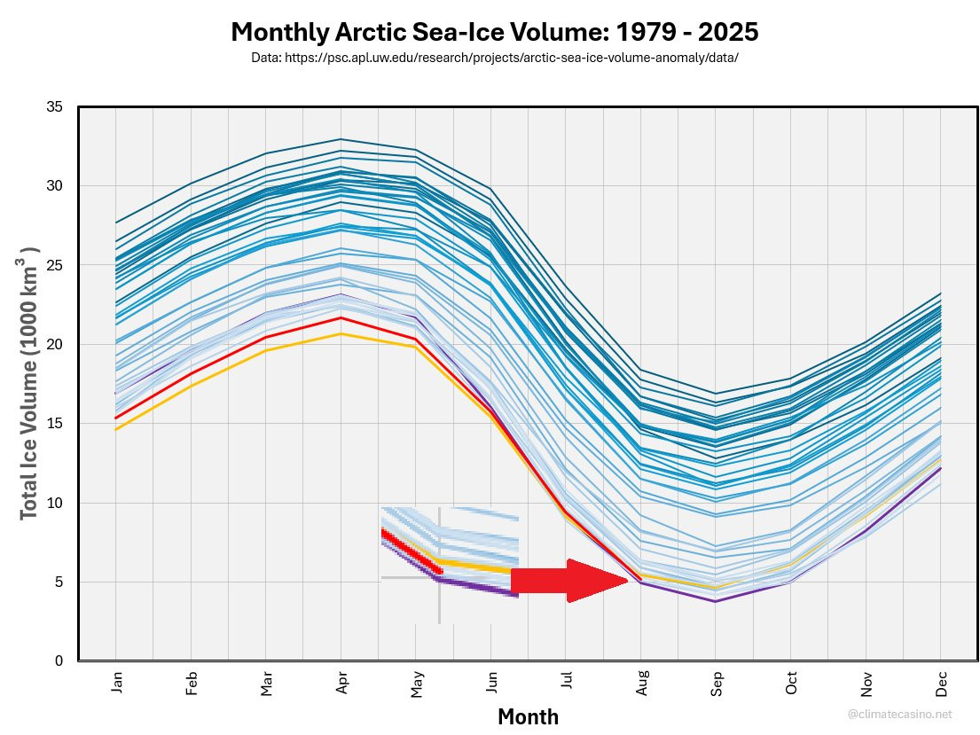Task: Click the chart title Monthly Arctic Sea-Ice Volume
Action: coord(494,33)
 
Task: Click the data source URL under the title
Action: coord(494,58)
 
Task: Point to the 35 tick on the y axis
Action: coord(54,106)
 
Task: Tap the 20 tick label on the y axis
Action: coord(54,344)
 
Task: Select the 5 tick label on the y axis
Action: coord(58,582)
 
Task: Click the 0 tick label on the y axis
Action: coord(58,661)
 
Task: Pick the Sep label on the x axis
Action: coord(717,684)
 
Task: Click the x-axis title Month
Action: coord(528,716)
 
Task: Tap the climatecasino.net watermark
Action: coord(899,713)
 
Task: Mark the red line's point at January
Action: coord(116,418)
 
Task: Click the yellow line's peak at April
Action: coord(341,333)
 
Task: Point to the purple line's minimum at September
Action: coord(717,601)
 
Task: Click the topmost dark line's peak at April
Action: coord(341,139)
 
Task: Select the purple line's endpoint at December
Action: coord(942,468)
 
